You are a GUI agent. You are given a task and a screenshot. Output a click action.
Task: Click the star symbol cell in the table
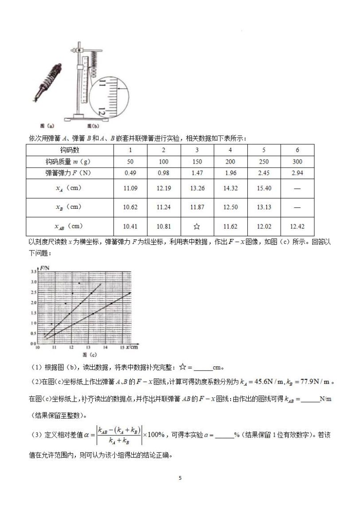[197, 227]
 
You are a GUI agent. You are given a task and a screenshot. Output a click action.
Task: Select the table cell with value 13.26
[197, 188]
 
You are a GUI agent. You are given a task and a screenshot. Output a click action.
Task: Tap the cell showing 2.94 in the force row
[297, 173]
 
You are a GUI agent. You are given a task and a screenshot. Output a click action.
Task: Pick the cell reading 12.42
[297, 227]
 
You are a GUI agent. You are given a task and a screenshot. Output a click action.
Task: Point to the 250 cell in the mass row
[264, 161]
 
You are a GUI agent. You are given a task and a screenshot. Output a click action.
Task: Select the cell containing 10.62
[130, 207]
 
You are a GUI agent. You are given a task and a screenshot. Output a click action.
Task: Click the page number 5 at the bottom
[180, 478]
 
